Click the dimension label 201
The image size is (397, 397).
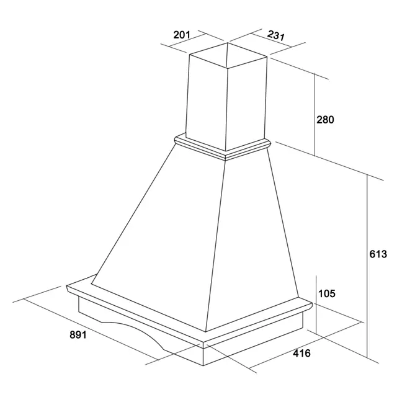182,35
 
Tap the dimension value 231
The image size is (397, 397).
276,35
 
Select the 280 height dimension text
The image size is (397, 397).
325,120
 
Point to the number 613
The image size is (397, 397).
378,254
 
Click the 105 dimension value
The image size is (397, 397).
327,293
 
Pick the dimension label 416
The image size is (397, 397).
301,353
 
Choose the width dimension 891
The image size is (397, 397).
78,335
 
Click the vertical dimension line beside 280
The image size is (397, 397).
314,114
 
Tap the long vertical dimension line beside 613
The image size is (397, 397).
367,266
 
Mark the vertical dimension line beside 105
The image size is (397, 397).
316,305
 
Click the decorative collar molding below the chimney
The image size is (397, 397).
223,148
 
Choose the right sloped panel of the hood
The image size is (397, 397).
253,241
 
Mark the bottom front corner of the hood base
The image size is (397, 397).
203,365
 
